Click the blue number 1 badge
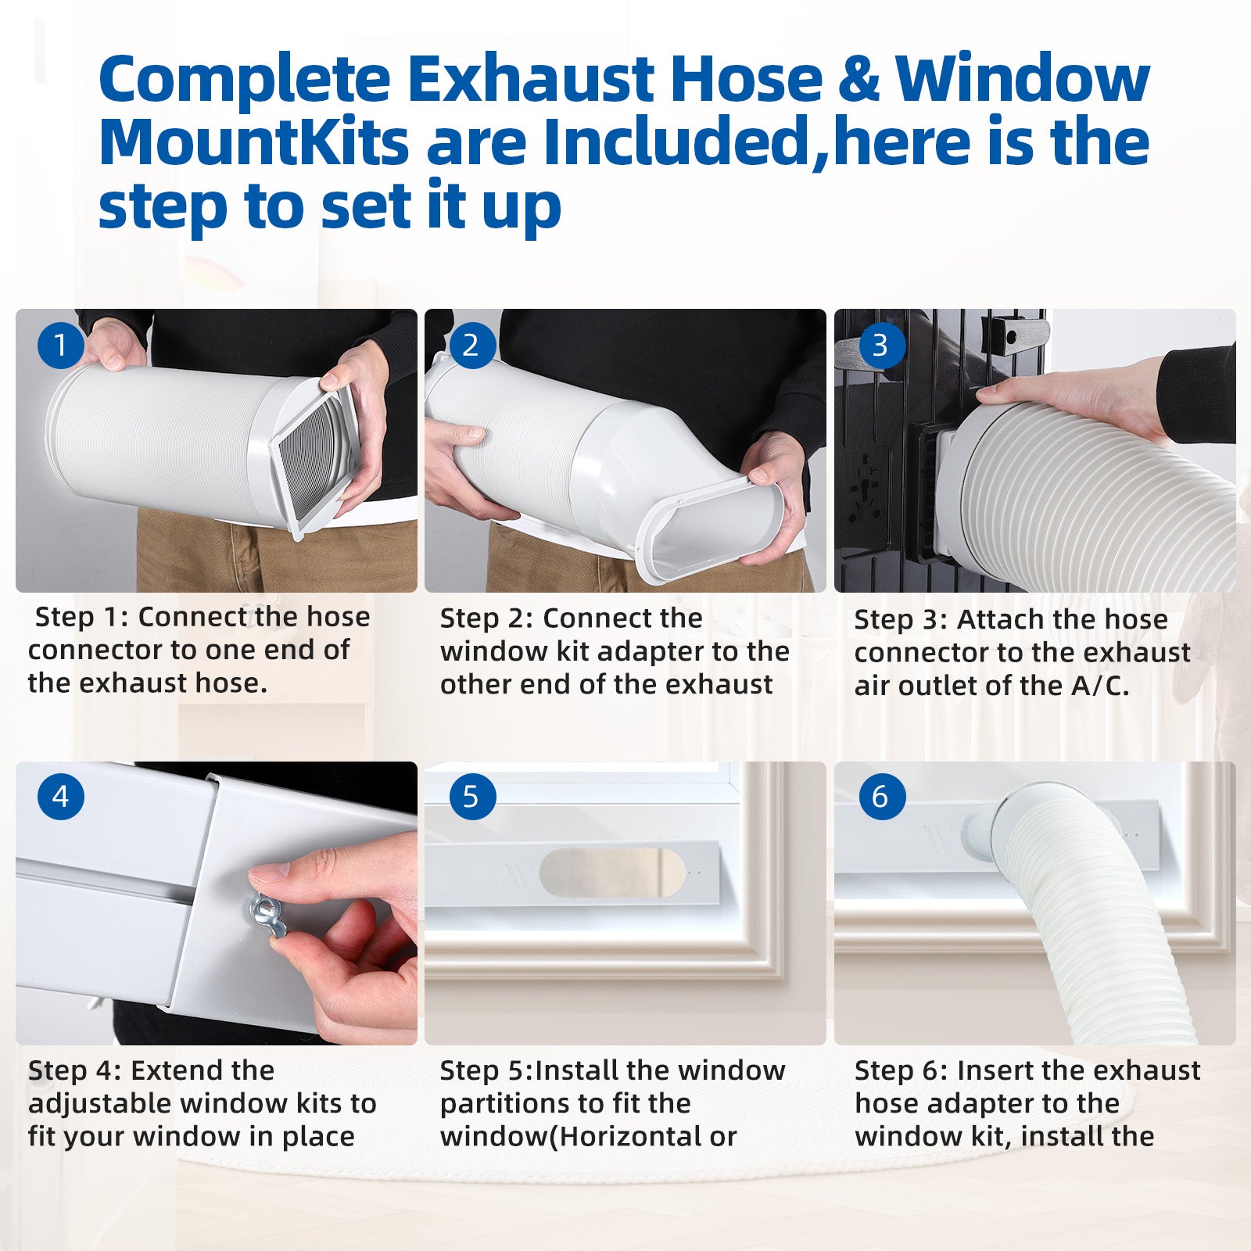pyautogui.click(x=60, y=345)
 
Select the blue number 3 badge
pyautogui.click(x=880, y=345)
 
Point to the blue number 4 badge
pyautogui.click(x=60, y=797)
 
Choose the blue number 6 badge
pyautogui.click(x=880, y=797)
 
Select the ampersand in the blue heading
pyautogui.click(x=859, y=78)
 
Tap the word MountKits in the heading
pyautogui.click(x=254, y=142)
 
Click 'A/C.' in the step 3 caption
pyautogui.click(x=1100, y=686)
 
